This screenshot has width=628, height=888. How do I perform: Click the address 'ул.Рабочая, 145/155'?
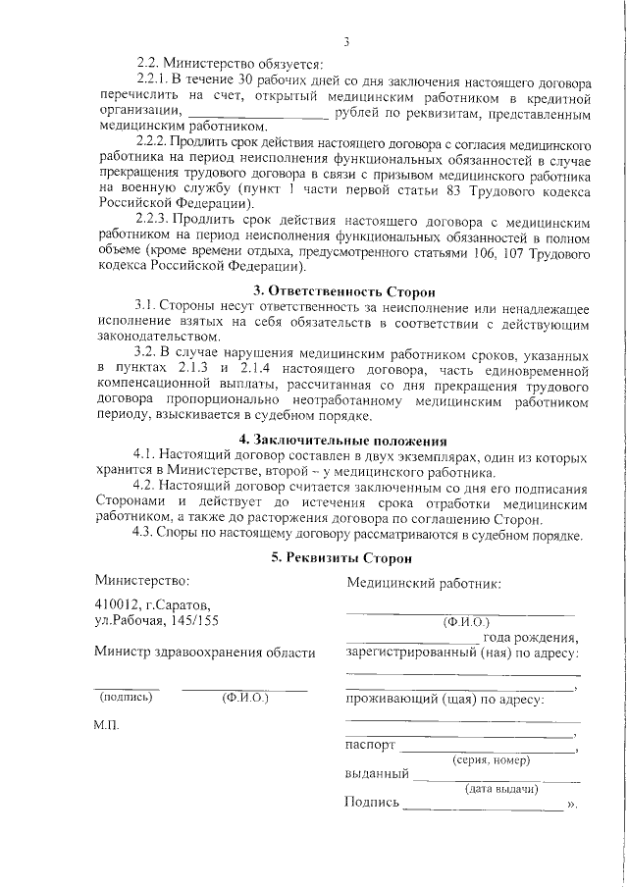(x=157, y=621)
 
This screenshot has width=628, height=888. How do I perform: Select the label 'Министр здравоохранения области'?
(x=205, y=653)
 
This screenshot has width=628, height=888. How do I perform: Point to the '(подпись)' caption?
(x=126, y=698)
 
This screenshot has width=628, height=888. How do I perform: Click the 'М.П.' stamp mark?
(x=107, y=731)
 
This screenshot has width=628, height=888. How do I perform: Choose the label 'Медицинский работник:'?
(x=424, y=584)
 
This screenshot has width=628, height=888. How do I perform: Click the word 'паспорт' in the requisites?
(x=371, y=746)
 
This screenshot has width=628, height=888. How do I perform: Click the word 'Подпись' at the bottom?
(x=373, y=804)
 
